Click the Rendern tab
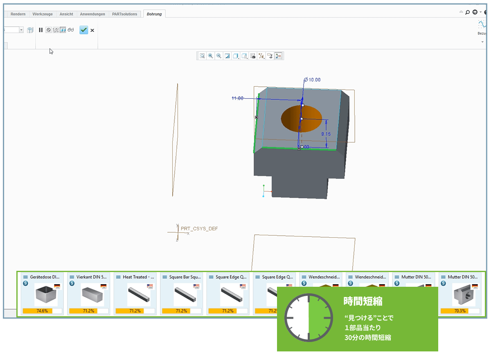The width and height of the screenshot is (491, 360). click(x=18, y=14)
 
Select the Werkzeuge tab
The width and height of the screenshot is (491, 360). click(x=43, y=14)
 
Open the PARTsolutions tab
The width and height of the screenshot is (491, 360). click(x=125, y=14)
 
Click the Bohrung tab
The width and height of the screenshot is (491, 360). click(x=154, y=14)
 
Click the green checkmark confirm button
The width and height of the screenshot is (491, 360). click(x=83, y=30)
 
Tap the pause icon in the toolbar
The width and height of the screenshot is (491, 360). click(x=41, y=30)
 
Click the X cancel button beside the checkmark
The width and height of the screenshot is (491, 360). click(x=92, y=30)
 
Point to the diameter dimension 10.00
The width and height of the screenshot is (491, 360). click(x=314, y=80)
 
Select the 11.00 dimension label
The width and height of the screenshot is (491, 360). click(x=237, y=98)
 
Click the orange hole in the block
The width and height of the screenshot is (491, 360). click(x=301, y=119)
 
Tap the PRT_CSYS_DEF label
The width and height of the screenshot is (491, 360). click(x=199, y=229)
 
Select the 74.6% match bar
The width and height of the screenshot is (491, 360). click(x=42, y=311)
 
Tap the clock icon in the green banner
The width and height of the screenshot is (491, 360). click(x=309, y=317)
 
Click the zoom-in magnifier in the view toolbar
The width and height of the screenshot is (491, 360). click(x=210, y=56)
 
